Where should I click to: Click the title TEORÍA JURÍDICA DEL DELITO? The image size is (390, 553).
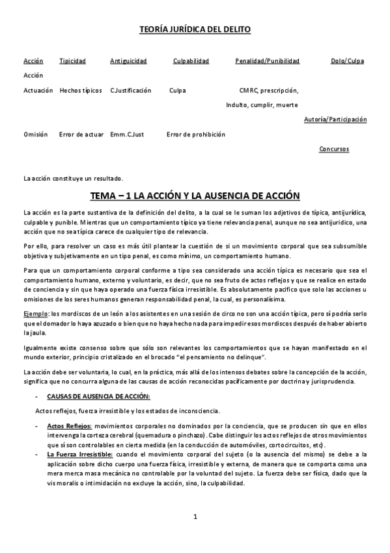(195, 30)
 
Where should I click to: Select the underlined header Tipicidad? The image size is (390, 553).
(72, 61)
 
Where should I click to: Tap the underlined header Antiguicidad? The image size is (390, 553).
(128, 61)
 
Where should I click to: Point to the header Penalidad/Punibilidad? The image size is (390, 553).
(267, 61)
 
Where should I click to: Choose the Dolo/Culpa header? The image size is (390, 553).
(347, 61)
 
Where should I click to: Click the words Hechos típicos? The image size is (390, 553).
(81, 91)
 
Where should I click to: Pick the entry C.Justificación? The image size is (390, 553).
(130, 91)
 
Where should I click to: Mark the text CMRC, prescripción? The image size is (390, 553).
(269, 91)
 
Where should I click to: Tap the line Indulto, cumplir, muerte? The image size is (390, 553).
(262, 105)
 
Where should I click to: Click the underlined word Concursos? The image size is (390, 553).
(333, 149)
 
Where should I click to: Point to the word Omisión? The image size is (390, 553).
(36, 134)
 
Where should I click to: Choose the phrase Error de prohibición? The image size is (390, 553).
(195, 134)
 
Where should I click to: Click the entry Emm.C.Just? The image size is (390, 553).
(127, 134)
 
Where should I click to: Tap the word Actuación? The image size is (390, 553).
(38, 91)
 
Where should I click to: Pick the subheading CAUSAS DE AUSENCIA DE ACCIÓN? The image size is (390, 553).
(98, 396)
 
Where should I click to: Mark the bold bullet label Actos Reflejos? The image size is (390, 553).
(69, 426)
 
